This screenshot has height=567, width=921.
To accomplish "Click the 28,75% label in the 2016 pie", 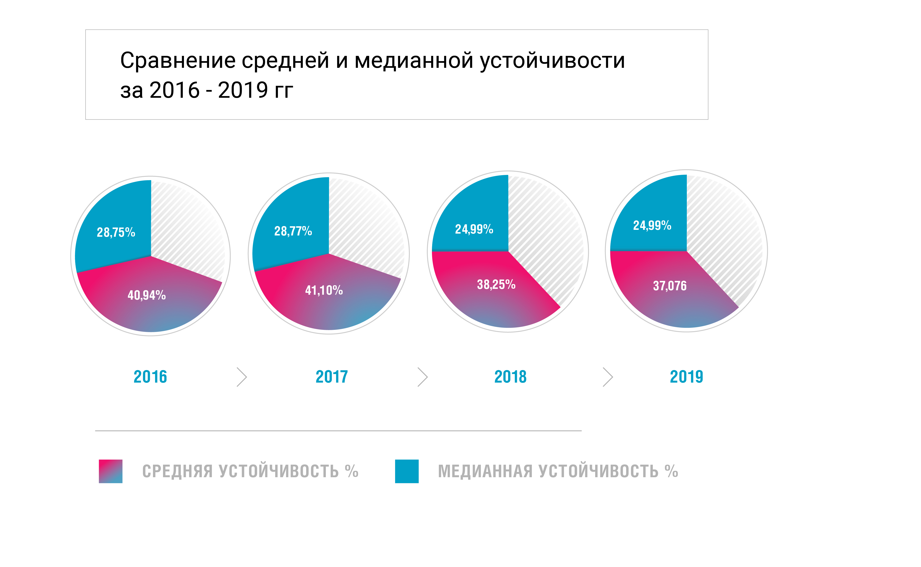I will tap(116, 233).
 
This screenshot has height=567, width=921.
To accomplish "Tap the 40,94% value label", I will tap(146, 295).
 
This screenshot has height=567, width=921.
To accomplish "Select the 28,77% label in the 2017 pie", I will tap(293, 231).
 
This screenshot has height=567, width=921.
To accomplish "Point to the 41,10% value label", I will tap(324, 290).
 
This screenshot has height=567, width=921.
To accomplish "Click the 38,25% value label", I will tap(496, 285).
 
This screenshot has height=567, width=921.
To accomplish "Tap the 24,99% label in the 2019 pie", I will tap(652, 225).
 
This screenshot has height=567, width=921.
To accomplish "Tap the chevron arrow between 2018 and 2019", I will tap(608, 377).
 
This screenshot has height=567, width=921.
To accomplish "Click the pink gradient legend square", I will tap(110, 471).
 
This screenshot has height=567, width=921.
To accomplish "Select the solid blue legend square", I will tap(407, 471).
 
